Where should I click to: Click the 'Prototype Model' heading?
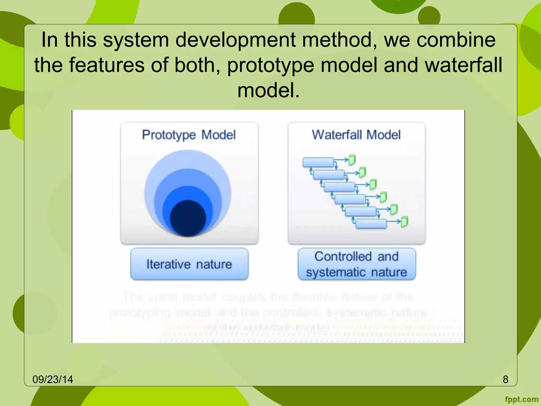pyautogui.click(x=189, y=135)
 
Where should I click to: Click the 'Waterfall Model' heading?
pyautogui.click(x=356, y=135)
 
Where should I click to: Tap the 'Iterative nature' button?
pyautogui.click(x=189, y=264)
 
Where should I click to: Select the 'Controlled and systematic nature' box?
pyautogui.click(x=356, y=264)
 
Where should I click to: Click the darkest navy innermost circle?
pyautogui.click(x=188, y=218)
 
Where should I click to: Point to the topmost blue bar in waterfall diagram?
pyautogui.click(x=318, y=162)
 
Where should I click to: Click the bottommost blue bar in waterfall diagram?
pyautogui.click(x=371, y=224)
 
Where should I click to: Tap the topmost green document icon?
pyautogui.click(x=352, y=160)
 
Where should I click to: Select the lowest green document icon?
pyautogui.click(x=404, y=222)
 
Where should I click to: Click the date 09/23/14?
pyautogui.click(x=53, y=379)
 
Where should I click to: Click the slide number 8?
pyautogui.click(x=505, y=379)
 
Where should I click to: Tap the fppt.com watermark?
pyautogui.click(x=521, y=399)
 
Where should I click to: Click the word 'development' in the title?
pyautogui.click(x=235, y=40)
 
